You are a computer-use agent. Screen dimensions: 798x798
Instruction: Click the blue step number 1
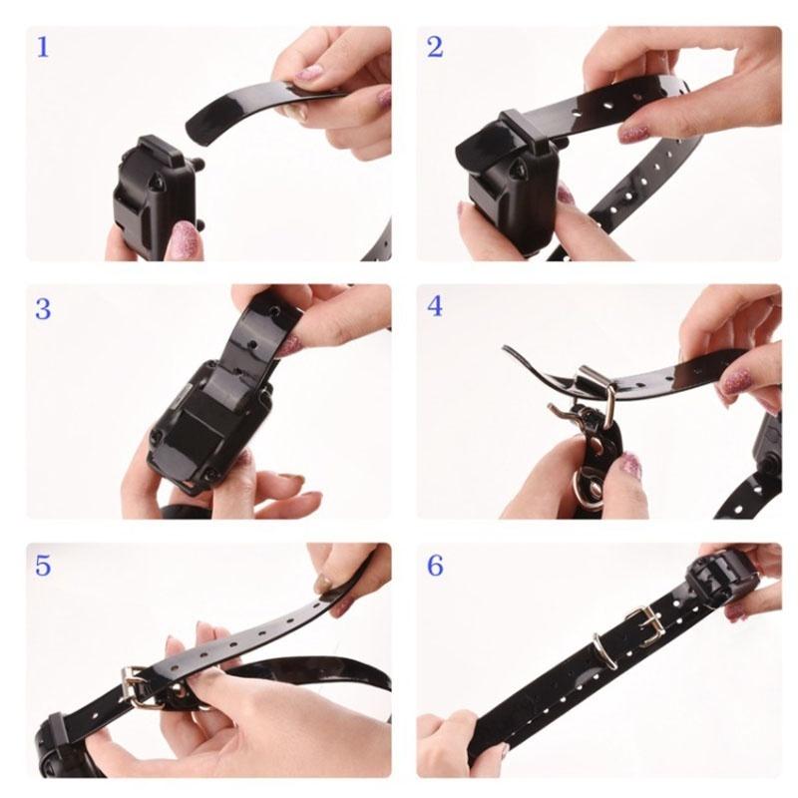pos(43,47)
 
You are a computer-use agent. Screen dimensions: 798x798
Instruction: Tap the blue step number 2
pos(435,47)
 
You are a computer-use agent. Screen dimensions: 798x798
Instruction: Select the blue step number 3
pos(43,309)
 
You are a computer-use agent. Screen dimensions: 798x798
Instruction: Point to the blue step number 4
pos(435,307)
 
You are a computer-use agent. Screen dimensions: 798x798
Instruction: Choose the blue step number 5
pos(43,566)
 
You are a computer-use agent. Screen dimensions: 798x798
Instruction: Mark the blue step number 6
pos(435,566)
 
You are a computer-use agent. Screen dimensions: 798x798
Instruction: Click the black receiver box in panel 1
pos(158,199)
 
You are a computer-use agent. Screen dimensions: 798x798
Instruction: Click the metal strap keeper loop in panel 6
pos(604,650)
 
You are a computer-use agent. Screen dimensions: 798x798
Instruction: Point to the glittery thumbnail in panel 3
pos(288,344)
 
